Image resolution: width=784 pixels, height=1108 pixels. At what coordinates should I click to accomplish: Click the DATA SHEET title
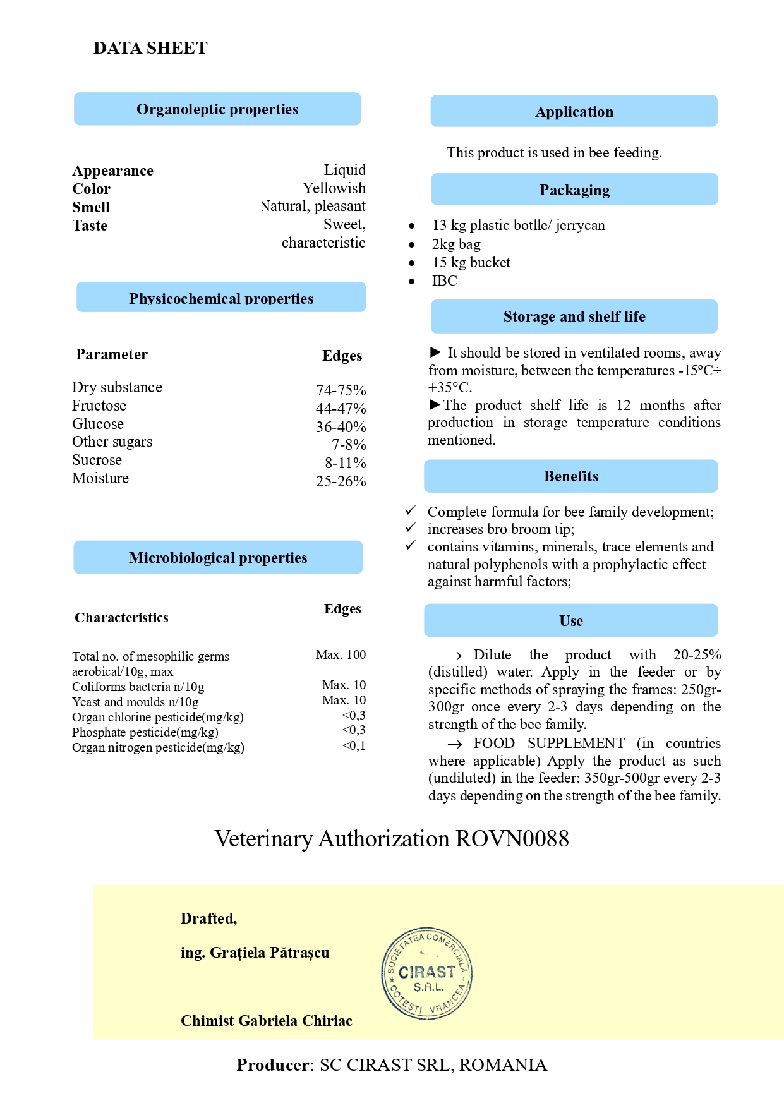[x=150, y=48]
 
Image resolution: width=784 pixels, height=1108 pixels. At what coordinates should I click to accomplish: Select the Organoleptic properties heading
[x=217, y=109]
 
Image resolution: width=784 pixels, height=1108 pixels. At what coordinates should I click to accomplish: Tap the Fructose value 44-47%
[x=341, y=409]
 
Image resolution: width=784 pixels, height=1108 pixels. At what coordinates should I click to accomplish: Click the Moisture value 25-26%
[x=341, y=481]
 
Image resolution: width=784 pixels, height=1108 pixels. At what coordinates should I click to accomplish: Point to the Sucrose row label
[x=97, y=460]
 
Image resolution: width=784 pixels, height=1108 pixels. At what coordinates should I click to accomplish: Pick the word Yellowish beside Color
[x=334, y=188]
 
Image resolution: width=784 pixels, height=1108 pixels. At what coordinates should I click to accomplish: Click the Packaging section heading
[x=574, y=190]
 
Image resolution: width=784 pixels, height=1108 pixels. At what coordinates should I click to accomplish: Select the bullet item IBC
[x=444, y=281]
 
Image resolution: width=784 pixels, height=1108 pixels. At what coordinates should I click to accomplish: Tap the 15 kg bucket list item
[x=471, y=263]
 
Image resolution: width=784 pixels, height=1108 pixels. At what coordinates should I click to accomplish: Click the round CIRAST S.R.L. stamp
[x=427, y=973]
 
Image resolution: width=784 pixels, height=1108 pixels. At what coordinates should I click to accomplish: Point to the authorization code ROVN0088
[x=512, y=839]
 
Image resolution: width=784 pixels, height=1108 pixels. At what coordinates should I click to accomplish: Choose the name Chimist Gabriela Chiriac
[x=266, y=1021]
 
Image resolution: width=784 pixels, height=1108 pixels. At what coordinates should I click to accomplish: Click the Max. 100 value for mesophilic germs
[x=341, y=655]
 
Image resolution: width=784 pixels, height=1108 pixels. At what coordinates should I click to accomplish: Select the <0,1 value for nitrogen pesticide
[x=353, y=746]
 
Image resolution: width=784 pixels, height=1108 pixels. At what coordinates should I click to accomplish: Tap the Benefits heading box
[x=570, y=476]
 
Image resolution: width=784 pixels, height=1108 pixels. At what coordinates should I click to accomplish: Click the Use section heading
[x=570, y=620]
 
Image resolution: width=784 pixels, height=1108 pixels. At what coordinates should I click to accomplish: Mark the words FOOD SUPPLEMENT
[x=548, y=744]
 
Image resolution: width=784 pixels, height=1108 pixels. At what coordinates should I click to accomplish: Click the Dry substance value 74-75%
[x=341, y=390]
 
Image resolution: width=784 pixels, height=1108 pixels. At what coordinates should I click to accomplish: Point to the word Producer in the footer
[x=273, y=1065]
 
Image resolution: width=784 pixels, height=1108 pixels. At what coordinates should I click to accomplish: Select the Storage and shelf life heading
[x=574, y=316]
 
